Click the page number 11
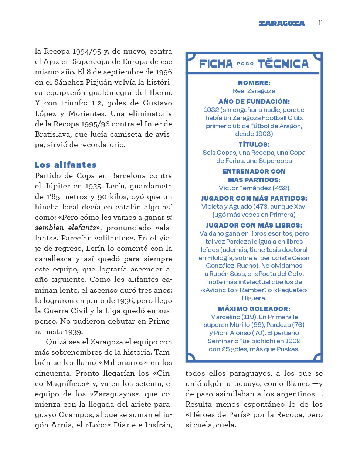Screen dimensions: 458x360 click(320, 23)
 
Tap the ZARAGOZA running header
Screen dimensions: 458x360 click(282, 23)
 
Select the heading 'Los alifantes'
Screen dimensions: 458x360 click(65, 165)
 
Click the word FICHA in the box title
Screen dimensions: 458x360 click(216, 64)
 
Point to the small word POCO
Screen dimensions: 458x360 click(245, 64)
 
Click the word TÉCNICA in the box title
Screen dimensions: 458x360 click(283, 64)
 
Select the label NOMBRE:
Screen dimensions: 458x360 click(254, 83)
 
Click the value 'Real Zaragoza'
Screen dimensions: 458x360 click(254, 91)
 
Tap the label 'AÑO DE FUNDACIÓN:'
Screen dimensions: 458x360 click(254, 102)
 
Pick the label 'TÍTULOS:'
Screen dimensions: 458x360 click(254, 144)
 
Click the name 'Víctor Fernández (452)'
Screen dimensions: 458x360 click(254, 188)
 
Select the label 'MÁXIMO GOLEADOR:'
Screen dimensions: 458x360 click(254, 309)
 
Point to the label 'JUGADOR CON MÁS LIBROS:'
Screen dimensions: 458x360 click(254, 225)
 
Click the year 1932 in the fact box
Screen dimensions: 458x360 click(211, 110)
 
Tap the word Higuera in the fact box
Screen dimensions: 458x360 click(254, 298)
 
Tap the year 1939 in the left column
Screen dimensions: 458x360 click(72, 331)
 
